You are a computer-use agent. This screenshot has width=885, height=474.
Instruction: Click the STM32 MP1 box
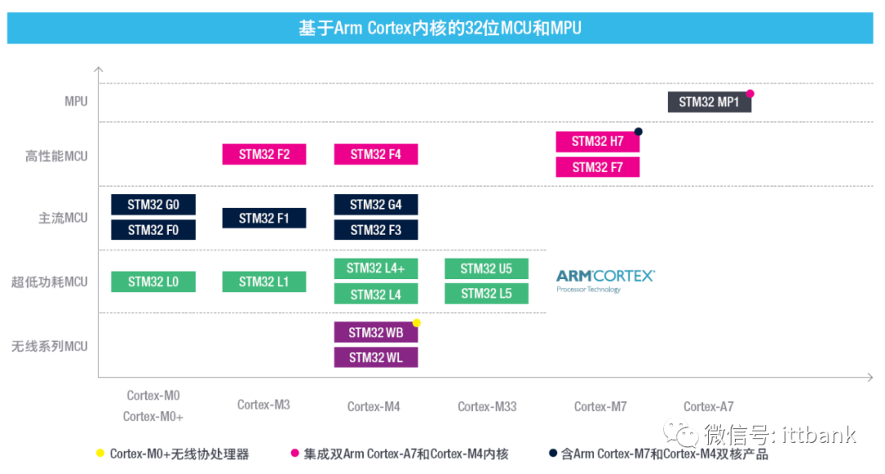(x=710, y=102)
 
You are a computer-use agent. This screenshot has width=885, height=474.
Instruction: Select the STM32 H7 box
(x=597, y=141)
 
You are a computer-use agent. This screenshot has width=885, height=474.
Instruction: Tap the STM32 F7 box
(x=597, y=167)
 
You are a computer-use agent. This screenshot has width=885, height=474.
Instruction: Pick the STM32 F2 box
(x=264, y=154)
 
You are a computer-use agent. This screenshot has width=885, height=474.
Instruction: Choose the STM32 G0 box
(x=153, y=204)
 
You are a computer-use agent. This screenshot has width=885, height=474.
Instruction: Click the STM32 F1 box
(x=264, y=218)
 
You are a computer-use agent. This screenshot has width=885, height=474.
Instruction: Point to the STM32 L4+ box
(x=376, y=268)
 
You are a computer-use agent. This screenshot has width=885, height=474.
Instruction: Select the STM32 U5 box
(x=486, y=268)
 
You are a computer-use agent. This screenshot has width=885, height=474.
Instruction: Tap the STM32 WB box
(x=376, y=332)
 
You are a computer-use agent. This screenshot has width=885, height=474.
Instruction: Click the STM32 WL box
(x=376, y=357)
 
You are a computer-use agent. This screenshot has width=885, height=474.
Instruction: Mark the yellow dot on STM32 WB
(x=416, y=323)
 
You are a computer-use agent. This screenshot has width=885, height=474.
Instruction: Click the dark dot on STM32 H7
(x=638, y=131)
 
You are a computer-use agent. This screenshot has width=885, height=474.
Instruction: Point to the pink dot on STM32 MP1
(x=750, y=93)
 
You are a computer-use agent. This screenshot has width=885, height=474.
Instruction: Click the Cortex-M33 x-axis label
(x=487, y=406)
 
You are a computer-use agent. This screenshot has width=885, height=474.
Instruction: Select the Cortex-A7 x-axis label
(x=709, y=406)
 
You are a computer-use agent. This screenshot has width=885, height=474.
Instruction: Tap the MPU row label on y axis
(x=76, y=102)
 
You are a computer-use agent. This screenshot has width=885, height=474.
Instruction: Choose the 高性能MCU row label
(x=57, y=156)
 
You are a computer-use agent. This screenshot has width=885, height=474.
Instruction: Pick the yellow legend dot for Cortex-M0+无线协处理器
(x=100, y=453)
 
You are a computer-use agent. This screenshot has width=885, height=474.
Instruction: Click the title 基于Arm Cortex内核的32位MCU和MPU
(x=440, y=28)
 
